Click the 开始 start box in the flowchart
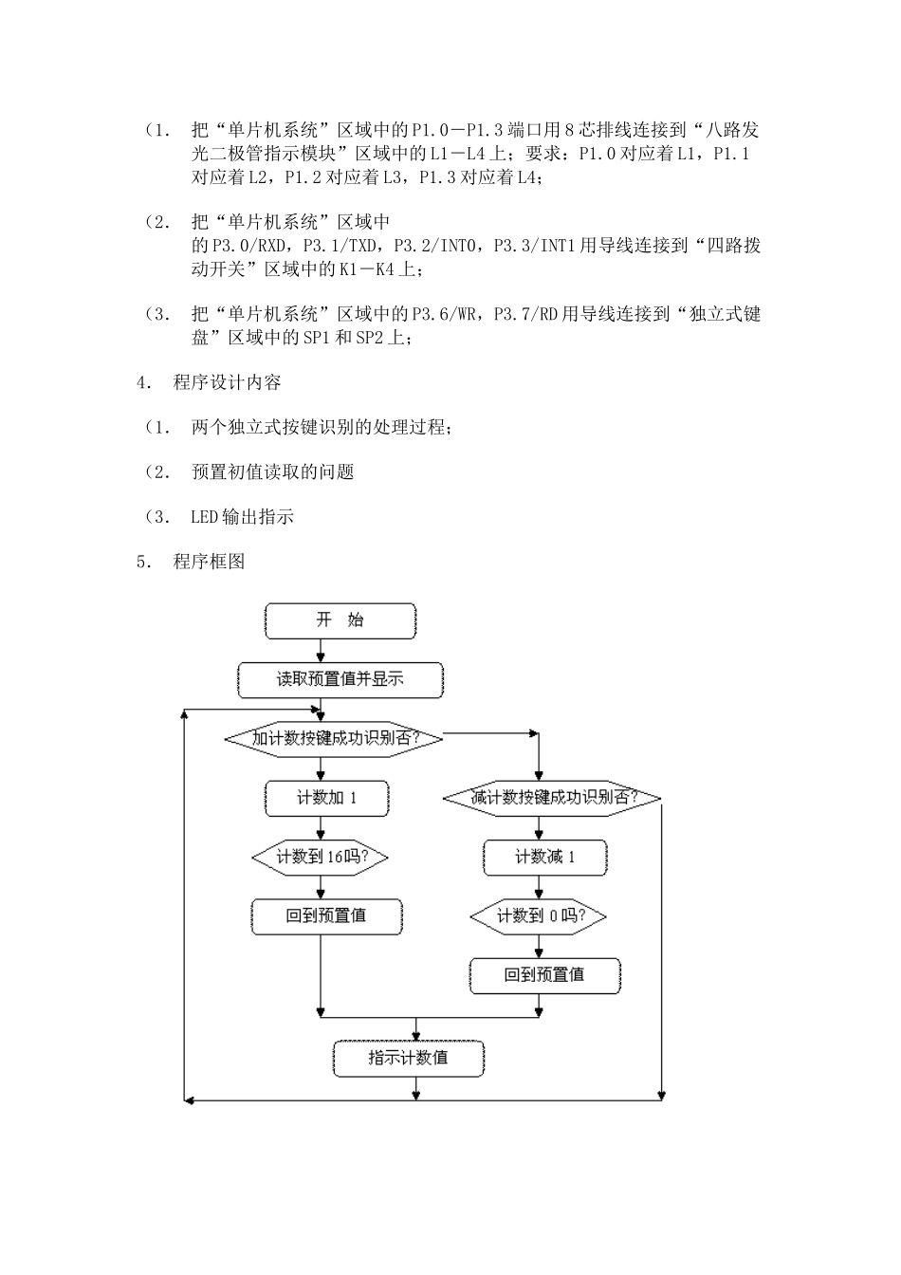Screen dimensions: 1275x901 pos(340,620)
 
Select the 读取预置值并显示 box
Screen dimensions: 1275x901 pos(340,680)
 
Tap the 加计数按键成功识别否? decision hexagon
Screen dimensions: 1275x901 pos(333,738)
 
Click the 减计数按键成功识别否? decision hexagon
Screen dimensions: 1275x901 pos(552,798)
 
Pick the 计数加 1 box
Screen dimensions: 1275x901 pos(326,798)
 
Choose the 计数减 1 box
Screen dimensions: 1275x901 pos(544,858)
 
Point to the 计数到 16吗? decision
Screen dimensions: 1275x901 pos(321,857)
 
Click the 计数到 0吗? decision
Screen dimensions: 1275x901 pos(539,916)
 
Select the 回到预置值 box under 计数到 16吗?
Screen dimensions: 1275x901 pos(326,916)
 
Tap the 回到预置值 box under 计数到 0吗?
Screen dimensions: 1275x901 pos(544,975)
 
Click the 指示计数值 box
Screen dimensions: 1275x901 pos(408,1058)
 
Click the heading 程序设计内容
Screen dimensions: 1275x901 pos(227,382)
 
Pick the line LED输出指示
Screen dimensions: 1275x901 pos(242,517)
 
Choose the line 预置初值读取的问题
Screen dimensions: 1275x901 pos(272,472)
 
